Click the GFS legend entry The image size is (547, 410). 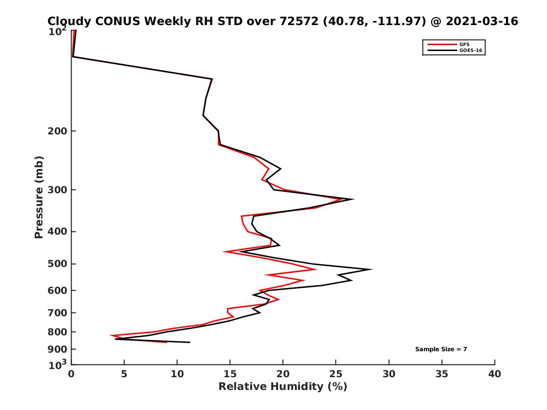click(464, 45)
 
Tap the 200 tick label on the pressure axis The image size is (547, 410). click(57, 131)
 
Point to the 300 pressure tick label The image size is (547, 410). click(57, 190)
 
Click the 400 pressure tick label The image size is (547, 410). click(57, 231)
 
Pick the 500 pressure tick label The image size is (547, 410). click(57, 264)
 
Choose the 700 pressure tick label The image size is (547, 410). click(57, 313)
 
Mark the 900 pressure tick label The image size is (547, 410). click(57, 349)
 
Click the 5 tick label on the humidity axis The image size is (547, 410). click(124, 374)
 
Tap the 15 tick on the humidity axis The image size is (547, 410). click(230, 374)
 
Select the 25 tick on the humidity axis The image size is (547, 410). click(336, 374)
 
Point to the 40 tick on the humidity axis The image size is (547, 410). click(495, 374)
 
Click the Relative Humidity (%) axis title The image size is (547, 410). click(283, 387)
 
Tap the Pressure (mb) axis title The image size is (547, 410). click(39, 197)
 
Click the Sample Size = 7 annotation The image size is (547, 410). click(441, 349)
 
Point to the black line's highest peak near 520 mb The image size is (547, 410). click(372, 269)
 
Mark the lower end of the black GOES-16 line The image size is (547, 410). click(189, 342)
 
